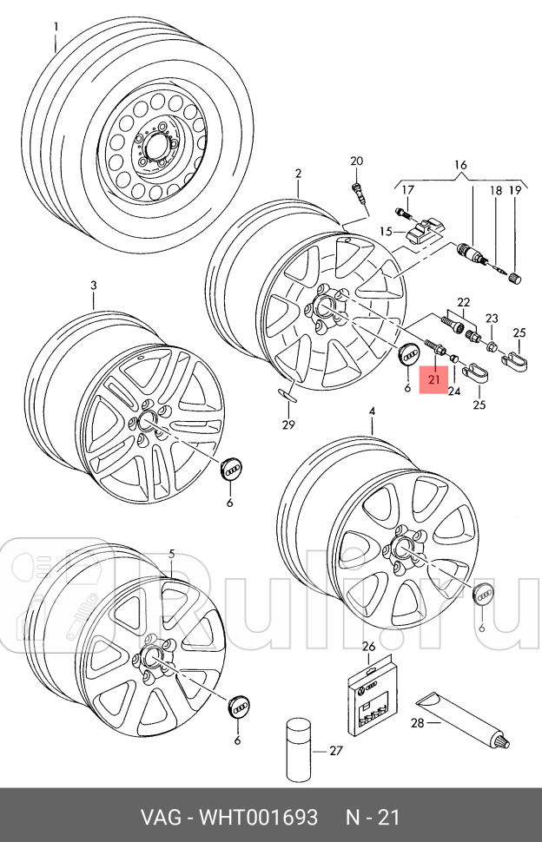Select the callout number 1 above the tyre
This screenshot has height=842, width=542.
click(56, 26)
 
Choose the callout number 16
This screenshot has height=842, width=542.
click(459, 165)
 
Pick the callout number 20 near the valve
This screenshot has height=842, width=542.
click(356, 161)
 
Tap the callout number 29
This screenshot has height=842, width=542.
click(288, 424)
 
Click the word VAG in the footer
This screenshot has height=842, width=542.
click(163, 818)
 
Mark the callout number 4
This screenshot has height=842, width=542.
click(371, 411)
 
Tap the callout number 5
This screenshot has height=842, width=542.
click(171, 554)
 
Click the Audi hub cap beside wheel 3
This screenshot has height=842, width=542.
click(232, 470)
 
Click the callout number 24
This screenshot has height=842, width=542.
click(453, 391)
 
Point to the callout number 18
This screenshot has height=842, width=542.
click(494, 190)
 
